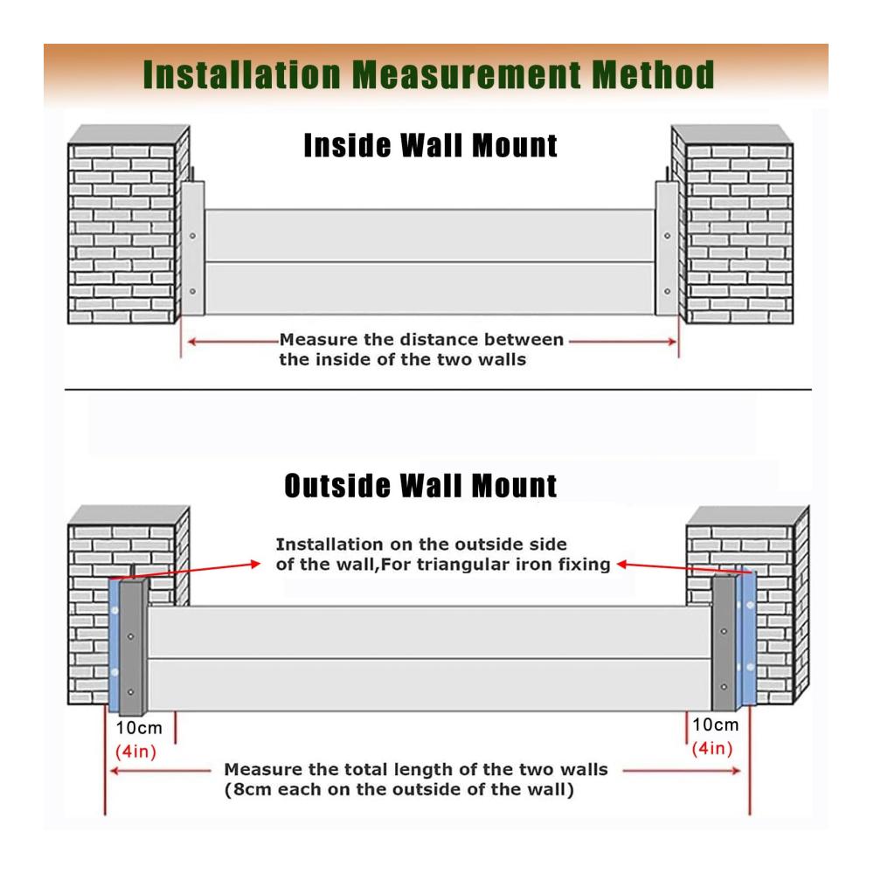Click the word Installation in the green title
(242, 74)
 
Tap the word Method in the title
(653, 74)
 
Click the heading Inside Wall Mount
(430, 146)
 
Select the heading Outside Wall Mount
(420, 485)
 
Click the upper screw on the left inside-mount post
(192, 236)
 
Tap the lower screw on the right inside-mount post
(667, 292)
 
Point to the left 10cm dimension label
(139, 728)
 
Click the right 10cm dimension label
(715, 725)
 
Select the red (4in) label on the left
(135, 752)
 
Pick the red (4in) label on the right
(712, 748)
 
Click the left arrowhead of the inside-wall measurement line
(191, 341)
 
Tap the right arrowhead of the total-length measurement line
(736, 771)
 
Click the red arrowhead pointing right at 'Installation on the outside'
(256, 564)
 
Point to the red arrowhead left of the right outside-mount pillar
(622, 565)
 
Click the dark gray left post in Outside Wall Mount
(133, 648)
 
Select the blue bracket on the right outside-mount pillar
(746, 638)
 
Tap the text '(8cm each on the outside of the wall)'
(399, 790)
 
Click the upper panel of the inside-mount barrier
(430, 235)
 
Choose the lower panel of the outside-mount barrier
(429, 685)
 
